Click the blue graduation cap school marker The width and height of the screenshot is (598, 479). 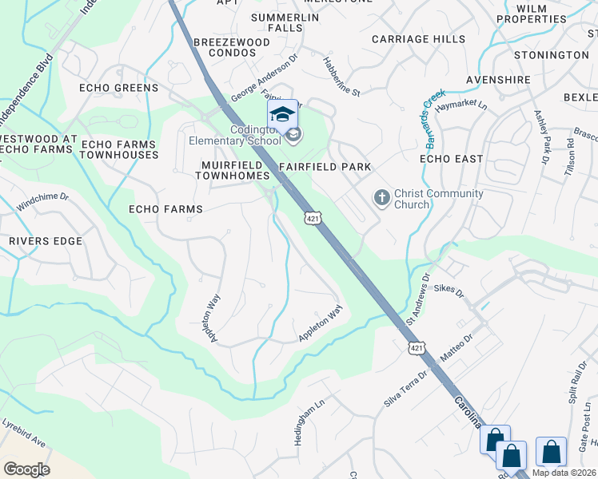(281, 115)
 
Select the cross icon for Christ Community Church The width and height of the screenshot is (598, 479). (381, 197)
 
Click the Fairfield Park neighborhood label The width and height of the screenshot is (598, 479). (325, 167)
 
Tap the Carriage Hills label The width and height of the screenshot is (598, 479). (419, 39)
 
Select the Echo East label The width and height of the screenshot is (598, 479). (452, 159)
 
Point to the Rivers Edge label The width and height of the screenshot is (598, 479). (46, 241)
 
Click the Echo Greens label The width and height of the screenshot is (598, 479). (118, 88)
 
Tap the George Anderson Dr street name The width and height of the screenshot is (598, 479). (264, 77)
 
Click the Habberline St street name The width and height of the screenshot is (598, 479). (341, 77)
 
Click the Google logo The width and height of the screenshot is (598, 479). (26, 469)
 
